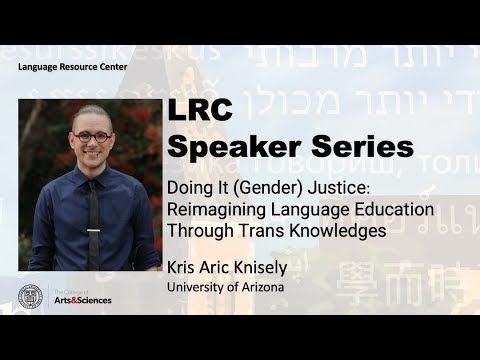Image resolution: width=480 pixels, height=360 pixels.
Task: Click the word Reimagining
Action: pos(217,210)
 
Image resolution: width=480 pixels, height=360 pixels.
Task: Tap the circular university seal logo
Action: pos(32,297)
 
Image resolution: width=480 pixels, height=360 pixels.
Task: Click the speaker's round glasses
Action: pos(91,137)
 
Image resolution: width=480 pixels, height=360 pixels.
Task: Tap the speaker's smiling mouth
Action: pos(92,156)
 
